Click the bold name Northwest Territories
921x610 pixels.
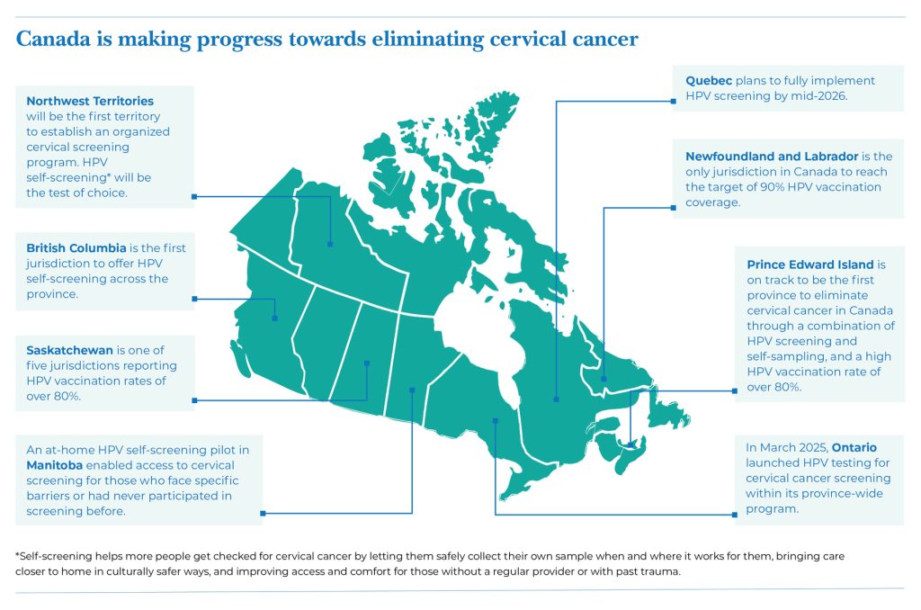(90, 101)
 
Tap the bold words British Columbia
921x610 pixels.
(76, 248)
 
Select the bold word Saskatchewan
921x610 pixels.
(69, 350)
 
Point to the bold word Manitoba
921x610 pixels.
(54, 465)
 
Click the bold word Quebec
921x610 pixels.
(709, 80)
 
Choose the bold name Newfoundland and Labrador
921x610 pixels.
(772, 157)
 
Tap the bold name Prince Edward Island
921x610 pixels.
(810, 265)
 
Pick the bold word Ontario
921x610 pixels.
(854, 447)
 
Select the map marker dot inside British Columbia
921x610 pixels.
(275, 318)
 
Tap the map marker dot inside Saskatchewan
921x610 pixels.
(367, 363)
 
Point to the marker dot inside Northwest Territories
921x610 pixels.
(330, 244)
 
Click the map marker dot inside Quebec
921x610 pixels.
(556, 399)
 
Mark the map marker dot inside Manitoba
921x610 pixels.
(412, 390)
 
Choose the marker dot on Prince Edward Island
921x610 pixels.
(630, 445)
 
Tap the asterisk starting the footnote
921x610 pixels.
(18, 555)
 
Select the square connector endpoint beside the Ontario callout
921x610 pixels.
(735, 515)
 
